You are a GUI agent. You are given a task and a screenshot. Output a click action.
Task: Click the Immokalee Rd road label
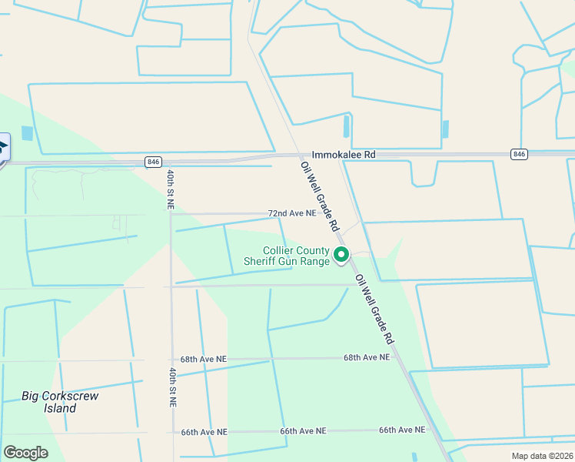(x=343, y=155)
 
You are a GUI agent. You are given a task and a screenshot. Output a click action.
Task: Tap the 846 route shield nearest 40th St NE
(x=153, y=162)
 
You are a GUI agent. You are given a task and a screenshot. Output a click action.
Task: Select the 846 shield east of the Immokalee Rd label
(x=520, y=155)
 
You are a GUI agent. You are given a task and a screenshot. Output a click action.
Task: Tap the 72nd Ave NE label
(x=291, y=213)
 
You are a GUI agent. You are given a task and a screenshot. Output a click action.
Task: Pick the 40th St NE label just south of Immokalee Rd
(x=170, y=189)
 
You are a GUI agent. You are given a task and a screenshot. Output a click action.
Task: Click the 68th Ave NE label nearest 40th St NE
(x=204, y=359)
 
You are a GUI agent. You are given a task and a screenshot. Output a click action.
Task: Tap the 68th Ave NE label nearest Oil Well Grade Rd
(x=366, y=357)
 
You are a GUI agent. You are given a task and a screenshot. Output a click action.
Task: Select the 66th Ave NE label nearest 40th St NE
(x=204, y=432)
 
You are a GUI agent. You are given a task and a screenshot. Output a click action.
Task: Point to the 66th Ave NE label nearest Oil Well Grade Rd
(x=402, y=430)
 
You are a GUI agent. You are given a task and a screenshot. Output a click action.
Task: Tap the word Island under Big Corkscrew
(x=60, y=408)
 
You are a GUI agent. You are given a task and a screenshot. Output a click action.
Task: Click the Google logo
(x=25, y=452)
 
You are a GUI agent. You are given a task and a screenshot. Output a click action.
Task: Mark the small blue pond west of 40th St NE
(x=28, y=132)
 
